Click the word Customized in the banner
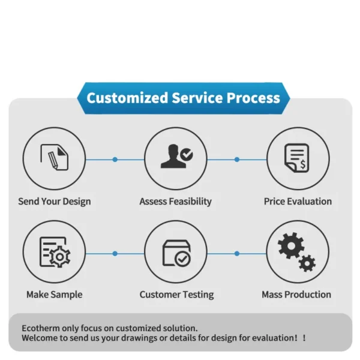[127, 98]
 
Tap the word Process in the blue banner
[253, 98]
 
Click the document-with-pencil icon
[55, 157]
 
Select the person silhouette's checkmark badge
[187, 154]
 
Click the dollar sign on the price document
[303, 164]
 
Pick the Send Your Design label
[55, 202]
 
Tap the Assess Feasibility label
[176, 202]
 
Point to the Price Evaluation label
[298, 202]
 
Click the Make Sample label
[55, 295]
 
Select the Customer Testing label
[176, 295]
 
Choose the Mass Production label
[296, 295]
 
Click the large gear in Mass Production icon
[291, 246]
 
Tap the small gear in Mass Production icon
[307, 263]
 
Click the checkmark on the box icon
[182, 259]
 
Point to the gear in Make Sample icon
[60, 257]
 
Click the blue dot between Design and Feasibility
[115, 160]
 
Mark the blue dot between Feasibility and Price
[237, 160]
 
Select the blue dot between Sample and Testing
[115, 253]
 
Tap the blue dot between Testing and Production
[237, 253]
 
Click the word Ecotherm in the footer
[41, 328]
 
